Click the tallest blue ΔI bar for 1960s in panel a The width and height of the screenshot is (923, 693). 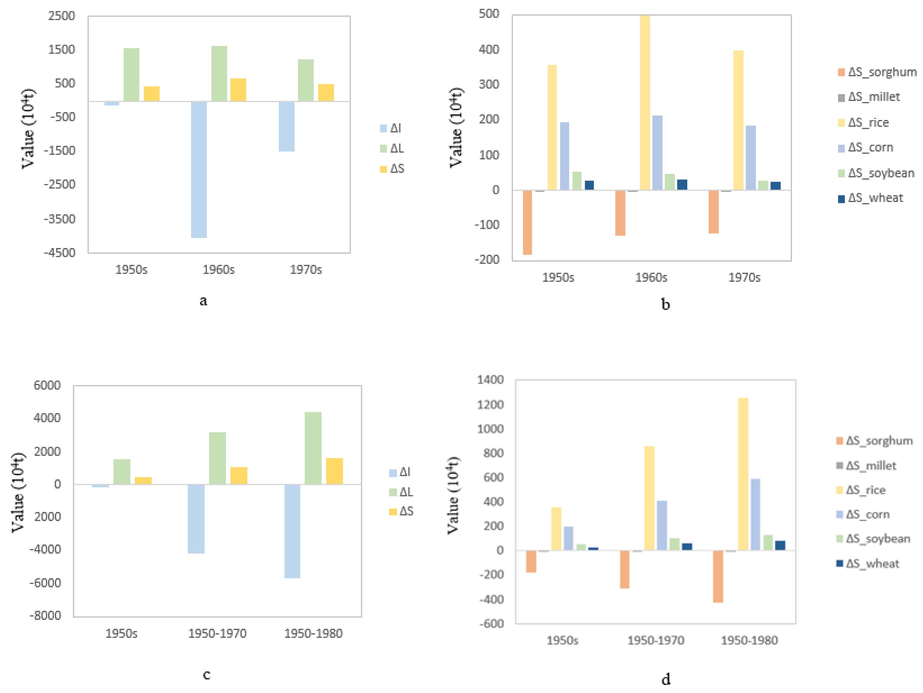[199, 169]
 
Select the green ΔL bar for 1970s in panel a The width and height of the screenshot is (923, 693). [305, 80]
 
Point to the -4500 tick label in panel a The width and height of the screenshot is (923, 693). [60, 253]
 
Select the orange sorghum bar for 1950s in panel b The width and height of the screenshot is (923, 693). [527, 222]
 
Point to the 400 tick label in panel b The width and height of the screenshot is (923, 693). [489, 50]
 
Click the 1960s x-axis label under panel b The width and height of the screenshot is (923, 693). [651, 278]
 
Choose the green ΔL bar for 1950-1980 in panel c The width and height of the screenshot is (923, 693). [313, 448]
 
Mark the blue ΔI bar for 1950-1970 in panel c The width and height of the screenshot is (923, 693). [196, 519]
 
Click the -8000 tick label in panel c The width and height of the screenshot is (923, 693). [45, 616]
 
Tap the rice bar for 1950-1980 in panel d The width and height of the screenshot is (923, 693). [743, 474]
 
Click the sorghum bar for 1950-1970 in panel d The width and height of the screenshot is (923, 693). [624, 569]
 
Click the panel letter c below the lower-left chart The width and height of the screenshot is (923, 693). [207, 674]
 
